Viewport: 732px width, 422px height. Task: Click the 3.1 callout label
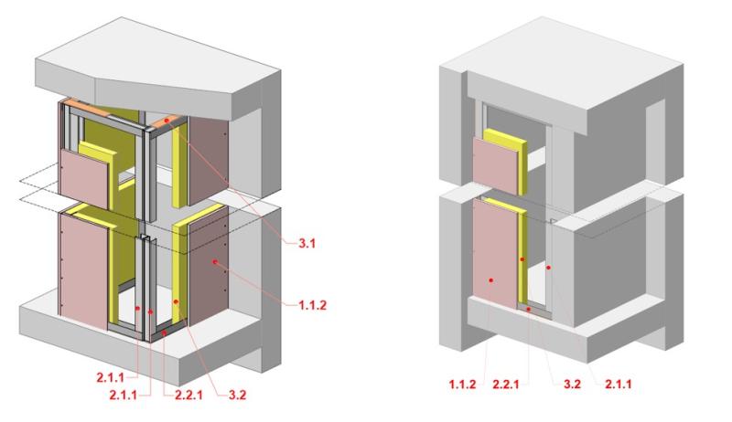coord(307,243)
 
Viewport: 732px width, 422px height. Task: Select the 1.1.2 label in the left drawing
coord(312,305)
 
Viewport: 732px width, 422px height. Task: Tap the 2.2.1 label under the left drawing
coord(188,395)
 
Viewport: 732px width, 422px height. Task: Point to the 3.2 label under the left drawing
coord(237,395)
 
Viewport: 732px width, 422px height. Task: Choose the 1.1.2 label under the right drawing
coord(463,385)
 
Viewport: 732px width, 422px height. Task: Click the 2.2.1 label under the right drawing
coord(506,385)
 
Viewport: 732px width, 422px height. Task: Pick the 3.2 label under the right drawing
coord(572,385)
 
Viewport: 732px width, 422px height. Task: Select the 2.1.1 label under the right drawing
coord(619,385)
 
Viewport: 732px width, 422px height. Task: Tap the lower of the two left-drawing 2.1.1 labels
coord(124,395)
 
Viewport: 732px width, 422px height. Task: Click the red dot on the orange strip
coord(167,121)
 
